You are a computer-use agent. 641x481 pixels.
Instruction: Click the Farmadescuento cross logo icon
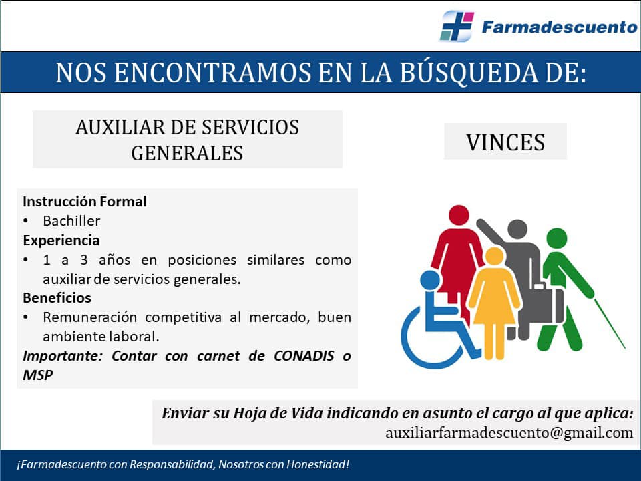tap(457, 26)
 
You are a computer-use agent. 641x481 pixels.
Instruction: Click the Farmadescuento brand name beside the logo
tap(560, 27)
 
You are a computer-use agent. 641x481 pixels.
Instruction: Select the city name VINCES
tap(505, 142)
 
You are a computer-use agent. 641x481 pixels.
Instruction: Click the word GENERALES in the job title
tap(187, 153)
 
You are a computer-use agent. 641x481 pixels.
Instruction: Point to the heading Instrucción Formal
tap(85, 202)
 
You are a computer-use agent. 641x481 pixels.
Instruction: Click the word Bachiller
tap(71, 221)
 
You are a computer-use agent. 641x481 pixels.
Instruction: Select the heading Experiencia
tap(61, 240)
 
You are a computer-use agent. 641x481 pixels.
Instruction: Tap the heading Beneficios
tap(57, 298)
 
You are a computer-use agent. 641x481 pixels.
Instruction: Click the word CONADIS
tap(304, 356)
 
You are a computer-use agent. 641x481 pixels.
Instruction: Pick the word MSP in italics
tap(37, 375)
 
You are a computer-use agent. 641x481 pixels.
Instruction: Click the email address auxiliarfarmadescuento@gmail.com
tap(509, 432)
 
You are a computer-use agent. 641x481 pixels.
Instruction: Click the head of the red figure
tap(459, 216)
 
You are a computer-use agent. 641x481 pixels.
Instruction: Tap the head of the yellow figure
tap(495, 257)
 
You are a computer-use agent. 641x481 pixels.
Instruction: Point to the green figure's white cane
tap(610, 324)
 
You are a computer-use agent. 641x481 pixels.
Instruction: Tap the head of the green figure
tap(557, 238)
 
